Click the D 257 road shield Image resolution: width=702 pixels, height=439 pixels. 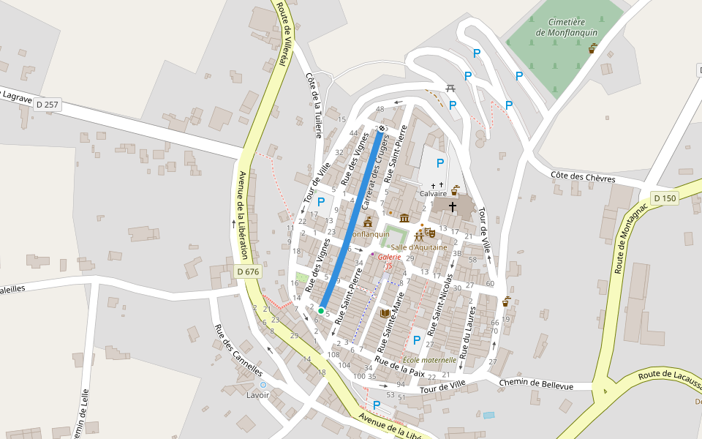click(47, 105)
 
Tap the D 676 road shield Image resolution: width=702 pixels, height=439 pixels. click(249, 272)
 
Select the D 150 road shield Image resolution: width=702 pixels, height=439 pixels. click(665, 198)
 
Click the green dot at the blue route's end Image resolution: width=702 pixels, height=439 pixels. click(321, 311)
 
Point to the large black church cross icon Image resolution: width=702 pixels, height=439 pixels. click(452, 207)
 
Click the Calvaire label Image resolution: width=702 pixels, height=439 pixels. click(434, 194)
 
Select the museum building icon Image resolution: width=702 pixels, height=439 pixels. click(404, 218)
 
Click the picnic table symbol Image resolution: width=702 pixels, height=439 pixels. click(450, 89)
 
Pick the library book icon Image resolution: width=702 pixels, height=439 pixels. click(385, 313)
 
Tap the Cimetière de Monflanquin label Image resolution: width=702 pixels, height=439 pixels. click(567, 27)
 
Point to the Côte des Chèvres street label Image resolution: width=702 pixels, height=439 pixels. click(583, 178)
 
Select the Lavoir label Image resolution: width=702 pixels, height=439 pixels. click(258, 395)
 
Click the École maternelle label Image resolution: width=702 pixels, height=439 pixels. click(429, 360)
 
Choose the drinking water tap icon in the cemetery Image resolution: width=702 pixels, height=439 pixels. click(592, 49)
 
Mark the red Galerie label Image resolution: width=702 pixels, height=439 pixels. click(389, 258)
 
